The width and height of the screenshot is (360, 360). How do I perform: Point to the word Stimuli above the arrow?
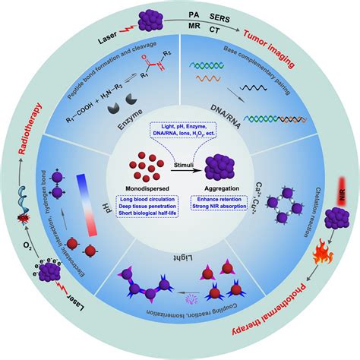point(181,162)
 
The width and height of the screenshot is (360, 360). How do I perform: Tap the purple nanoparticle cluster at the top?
point(157,17)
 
